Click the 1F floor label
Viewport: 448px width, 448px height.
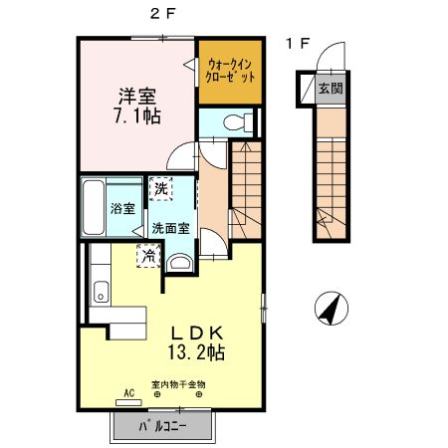[x=297, y=44]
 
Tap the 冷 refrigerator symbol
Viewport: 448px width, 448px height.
[x=147, y=254]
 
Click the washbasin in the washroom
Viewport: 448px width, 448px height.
[x=179, y=263]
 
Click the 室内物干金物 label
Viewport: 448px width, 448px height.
[x=178, y=384]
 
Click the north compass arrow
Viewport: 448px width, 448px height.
[x=329, y=310]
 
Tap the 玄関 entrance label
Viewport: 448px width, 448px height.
[x=329, y=88]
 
